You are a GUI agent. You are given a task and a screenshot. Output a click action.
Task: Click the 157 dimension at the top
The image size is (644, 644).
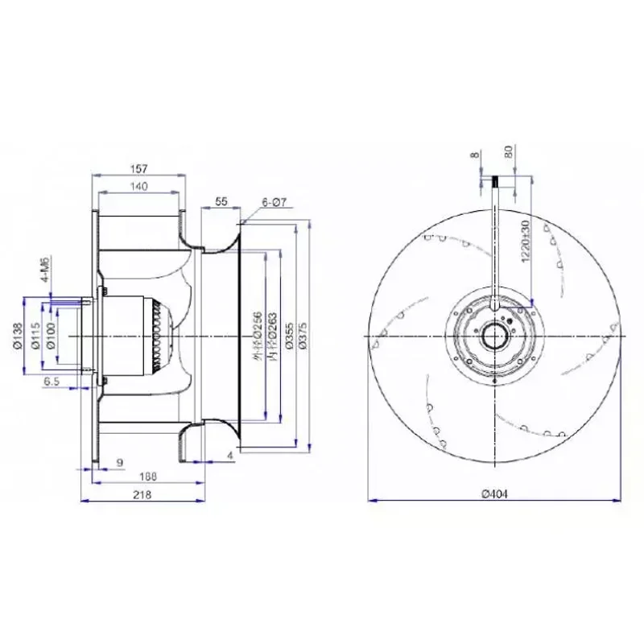click(x=141, y=169)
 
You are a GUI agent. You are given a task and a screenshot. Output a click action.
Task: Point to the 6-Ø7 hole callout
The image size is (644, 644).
click(x=275, y=204)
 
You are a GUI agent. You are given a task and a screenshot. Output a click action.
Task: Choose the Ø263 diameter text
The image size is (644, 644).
click(x=275, y=335)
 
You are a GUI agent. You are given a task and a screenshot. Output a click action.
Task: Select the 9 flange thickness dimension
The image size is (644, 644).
click(x=120, y=462)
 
